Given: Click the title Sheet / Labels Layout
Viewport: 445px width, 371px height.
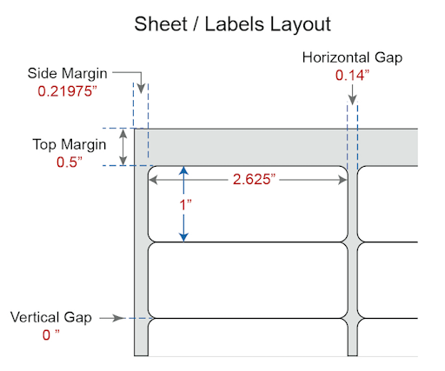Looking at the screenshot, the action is (x=232, y=24).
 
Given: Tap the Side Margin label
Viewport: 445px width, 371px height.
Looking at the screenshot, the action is (x=67, y=73).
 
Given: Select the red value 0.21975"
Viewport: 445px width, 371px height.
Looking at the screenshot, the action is (x=67, y=91).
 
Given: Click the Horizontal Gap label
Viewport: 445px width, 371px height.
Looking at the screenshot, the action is (x=352, y=57).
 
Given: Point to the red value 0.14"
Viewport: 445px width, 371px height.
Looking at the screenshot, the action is (x=352, y=76).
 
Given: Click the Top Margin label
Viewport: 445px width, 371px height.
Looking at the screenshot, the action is (x=70, y=144).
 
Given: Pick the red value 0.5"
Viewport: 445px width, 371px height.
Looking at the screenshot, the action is (x=70, y=162).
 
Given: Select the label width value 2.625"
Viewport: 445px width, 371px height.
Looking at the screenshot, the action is (x=254, y=179).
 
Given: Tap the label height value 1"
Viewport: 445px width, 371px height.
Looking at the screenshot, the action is (x=185, y=205).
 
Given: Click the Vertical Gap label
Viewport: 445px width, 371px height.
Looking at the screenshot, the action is (x=51, y=317).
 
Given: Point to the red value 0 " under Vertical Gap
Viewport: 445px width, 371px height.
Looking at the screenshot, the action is (x=50, y=335).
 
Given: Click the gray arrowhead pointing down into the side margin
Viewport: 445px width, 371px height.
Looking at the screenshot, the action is (x=141, y=89).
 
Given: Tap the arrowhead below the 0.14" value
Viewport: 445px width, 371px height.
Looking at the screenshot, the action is (x=352, y=100).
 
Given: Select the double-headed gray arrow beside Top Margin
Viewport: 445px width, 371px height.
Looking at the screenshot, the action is (x=123, y=147).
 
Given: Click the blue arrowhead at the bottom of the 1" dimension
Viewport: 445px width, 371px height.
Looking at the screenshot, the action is (x=183, y=237).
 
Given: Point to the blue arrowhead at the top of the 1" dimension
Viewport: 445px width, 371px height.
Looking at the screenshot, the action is (x=183, y=170).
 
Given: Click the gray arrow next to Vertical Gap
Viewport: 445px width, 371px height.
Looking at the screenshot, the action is (x=112, y=318).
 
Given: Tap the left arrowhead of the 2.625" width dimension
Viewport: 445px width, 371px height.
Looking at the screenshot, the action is (x=153, y=180).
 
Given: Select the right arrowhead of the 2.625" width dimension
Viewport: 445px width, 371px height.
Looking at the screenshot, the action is (x=342, y=180).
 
